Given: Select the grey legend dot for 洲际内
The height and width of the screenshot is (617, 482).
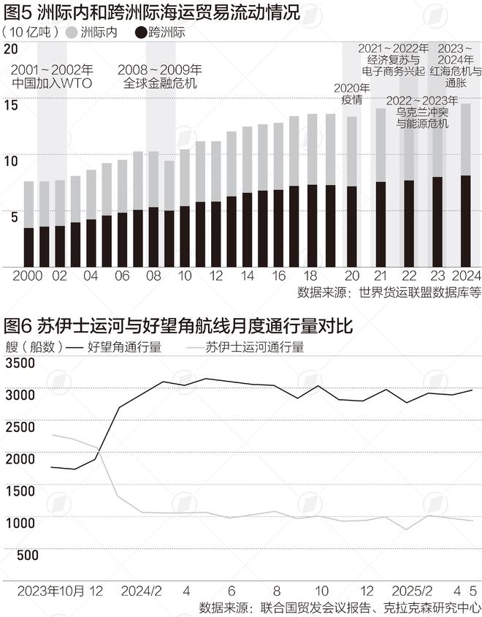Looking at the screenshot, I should click(x=72, y=32).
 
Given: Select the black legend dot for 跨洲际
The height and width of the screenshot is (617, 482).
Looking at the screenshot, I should click(x=139, y=32).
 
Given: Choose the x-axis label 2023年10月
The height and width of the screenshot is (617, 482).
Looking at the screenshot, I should click(x=51, y=590).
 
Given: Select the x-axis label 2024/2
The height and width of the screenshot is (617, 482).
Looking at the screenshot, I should click(x=140, y=590).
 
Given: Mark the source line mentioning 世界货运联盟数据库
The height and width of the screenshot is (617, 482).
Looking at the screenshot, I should click(x=389, y=292).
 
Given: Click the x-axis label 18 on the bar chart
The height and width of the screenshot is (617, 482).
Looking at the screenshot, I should click(x=310, y=276).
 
